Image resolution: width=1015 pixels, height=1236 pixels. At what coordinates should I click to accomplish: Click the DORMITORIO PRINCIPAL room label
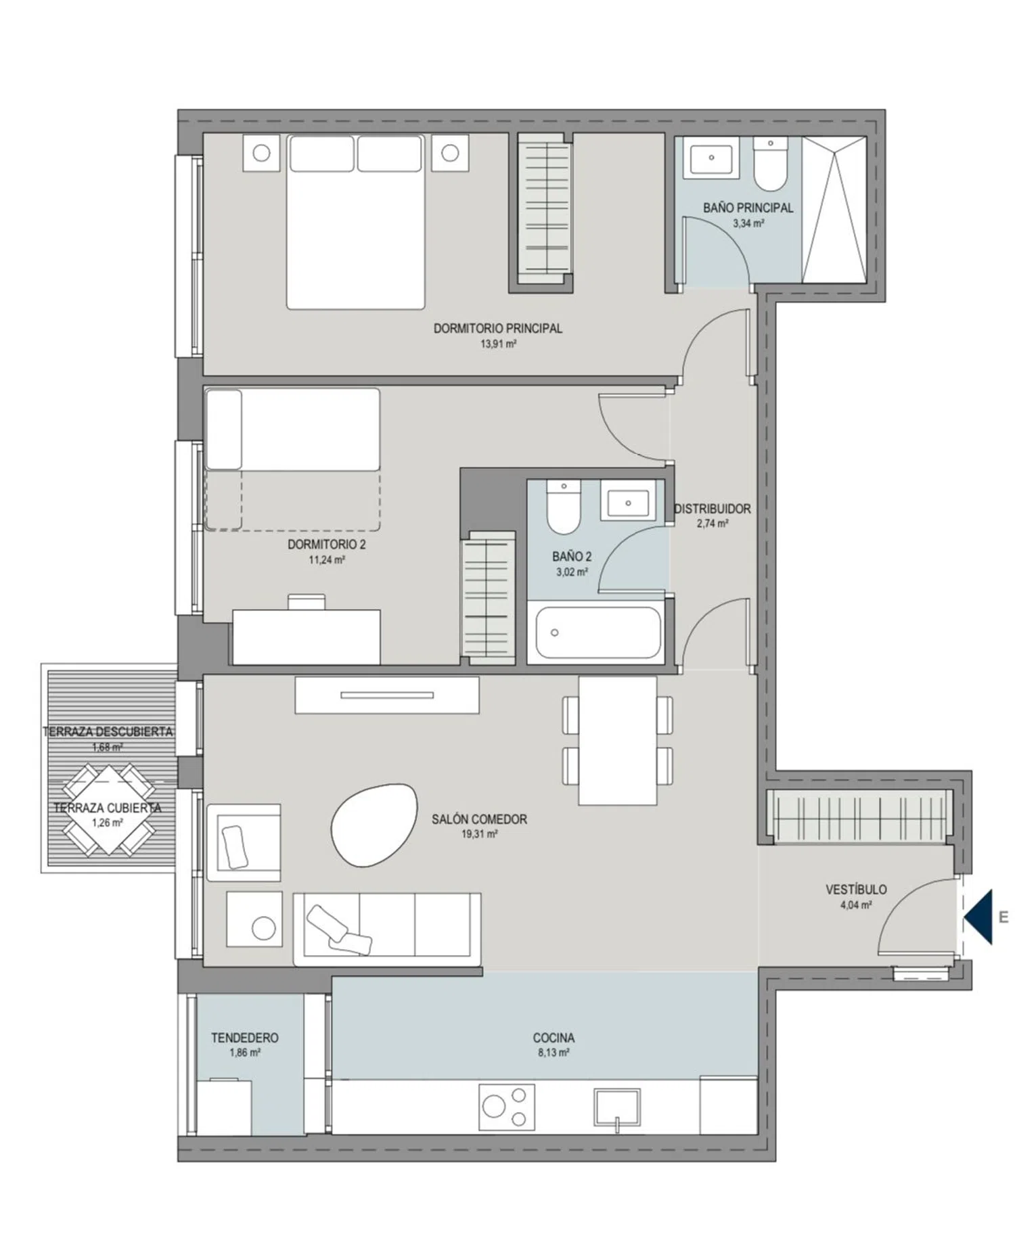(497, 328)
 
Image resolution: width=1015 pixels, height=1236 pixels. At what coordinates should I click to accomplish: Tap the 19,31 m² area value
(480, 834)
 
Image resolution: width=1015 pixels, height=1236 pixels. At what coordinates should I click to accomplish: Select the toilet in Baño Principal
(771, 164)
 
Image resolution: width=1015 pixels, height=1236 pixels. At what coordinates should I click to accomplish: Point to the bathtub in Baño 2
(598, 632)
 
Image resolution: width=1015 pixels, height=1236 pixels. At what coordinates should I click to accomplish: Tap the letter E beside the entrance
(1003, 917)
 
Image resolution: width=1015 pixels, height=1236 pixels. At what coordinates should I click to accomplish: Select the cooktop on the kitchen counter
(506, 1107)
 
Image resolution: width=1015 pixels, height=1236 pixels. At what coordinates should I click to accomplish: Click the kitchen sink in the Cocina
(617, 1107)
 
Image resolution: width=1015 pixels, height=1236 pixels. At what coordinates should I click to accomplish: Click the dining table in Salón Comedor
(617, 740)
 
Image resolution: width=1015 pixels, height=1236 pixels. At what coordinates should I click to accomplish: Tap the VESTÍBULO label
(856, 890)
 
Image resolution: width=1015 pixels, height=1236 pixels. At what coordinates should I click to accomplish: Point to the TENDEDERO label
(244, 1037)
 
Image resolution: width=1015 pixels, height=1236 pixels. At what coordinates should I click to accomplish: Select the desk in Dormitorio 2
(306, 636)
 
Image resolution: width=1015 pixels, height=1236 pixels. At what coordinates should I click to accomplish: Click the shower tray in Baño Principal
(834, 210)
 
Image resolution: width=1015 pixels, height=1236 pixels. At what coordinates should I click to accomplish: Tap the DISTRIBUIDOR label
(713, 509)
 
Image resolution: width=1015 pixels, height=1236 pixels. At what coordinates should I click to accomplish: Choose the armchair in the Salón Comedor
(244, 842)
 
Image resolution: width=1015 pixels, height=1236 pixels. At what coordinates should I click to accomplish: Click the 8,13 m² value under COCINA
(554, 1053)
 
